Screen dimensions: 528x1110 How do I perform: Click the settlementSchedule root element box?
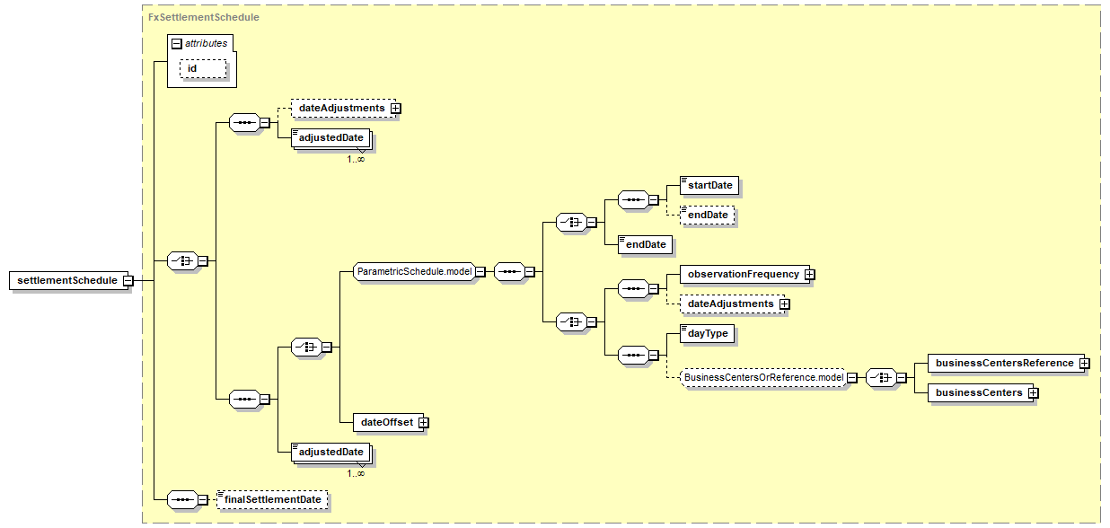tap(67, 280)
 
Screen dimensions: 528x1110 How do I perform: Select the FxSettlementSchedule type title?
tap(204, 17)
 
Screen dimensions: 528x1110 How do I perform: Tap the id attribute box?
tap(203, 68)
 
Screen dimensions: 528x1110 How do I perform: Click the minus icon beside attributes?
tap(176, 43)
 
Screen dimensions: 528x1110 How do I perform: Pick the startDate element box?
tap(710, 185)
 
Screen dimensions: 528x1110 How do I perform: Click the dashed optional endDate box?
tap(708, 216)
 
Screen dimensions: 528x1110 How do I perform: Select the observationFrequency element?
tap(743, 274)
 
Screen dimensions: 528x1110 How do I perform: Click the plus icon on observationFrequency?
tap(809, 274)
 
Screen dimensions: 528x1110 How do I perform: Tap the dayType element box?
tap(708, 333)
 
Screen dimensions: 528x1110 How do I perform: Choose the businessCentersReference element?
tap(1004, 363)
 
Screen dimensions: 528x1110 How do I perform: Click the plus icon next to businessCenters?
tap(1033, 392)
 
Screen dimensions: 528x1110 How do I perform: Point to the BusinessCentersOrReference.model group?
tap(763, 378)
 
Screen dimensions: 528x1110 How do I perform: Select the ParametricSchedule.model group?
tap(414, 271)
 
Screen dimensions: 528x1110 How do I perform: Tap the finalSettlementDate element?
tap(273, 499)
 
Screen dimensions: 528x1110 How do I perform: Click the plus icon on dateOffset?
tap(423, 422)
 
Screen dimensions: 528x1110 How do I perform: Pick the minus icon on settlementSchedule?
tap(128, 280)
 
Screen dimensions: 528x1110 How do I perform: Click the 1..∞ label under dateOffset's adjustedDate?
tap(357, 473)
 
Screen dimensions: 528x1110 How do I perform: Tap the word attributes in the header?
tap(207, 43)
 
